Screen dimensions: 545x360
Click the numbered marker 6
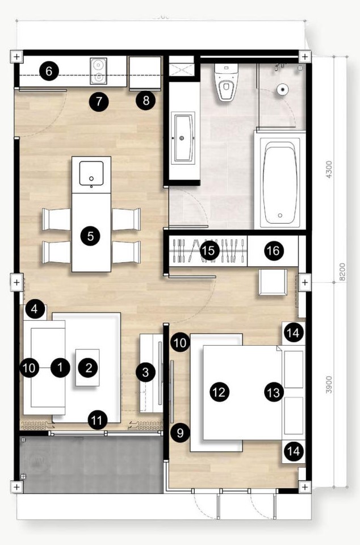pyautogui.click(x=49, y=72)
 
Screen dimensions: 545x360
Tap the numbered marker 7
pyautogui.click(x=99, y=102)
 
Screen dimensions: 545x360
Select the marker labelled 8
pyautogui.click(x=146, y=102)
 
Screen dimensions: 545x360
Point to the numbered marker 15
pyautogui.click(x=210, y=250)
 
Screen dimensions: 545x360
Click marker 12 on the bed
pyautogui.click(x=219, y=391)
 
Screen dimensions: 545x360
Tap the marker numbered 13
pyautogui.click(x=274, y=391)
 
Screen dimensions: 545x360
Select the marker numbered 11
pyautogui.click(x=98, y=421)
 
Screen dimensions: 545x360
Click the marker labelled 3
pyautogui.click(x=146, y=372)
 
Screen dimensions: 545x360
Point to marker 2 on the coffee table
pyautogui.click(x=88, y=367)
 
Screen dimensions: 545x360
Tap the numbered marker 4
pyautogui.click(x=35, y=309)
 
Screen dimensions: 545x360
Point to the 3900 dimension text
pyautogui.click(x=329, y=386)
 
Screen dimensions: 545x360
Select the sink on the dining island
pyautogui.click(x=91, y=173)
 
